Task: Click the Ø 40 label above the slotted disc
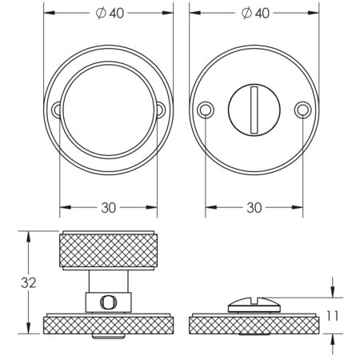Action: (x=254, y=14)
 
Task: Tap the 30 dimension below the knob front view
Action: (x=109, y=207)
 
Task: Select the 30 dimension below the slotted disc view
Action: (x=254, y=207)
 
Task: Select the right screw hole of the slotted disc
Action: (x=302, y=109)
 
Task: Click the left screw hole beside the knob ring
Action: (x=56, y=110)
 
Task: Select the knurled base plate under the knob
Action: (x=109, y=324)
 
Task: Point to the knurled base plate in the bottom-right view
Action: (x=254, y=324)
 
